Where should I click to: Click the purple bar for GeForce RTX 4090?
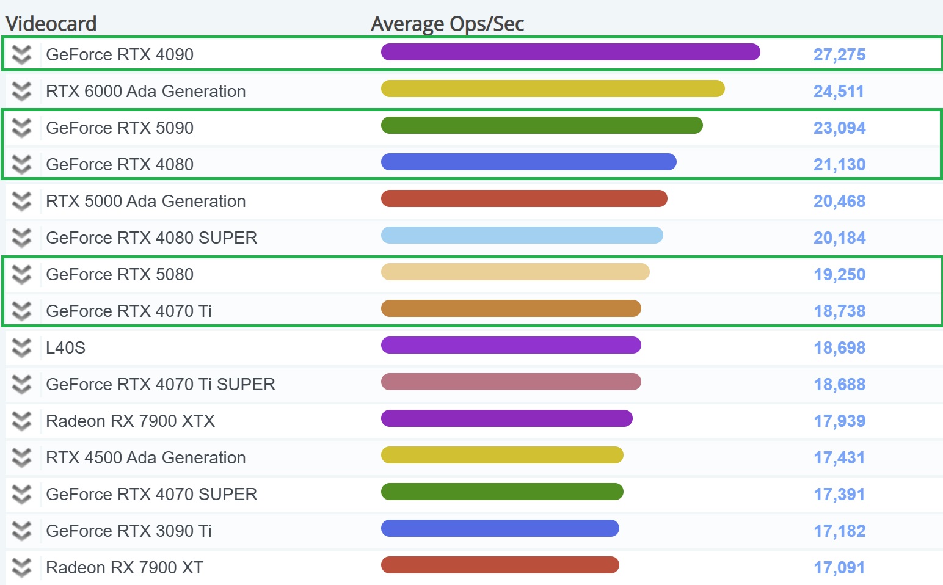click(570, 52)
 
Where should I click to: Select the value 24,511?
click(839, 92)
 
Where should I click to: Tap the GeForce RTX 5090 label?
click(120, 128)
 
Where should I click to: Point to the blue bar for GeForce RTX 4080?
click(529, 162)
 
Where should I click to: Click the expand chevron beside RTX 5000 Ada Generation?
click(21, 202)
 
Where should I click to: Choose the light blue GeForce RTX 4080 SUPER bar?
click(522, 235)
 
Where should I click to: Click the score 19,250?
click(839, 275)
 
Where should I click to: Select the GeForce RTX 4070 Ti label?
click(129, 311)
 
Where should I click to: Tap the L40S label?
click(65, 348)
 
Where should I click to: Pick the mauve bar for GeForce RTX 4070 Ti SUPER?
click(511, 382)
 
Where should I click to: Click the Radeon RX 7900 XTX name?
click(130, 421)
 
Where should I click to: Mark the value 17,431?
click(839, 458)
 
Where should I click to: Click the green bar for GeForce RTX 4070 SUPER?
click(502, 492)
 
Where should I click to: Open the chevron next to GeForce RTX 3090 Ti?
click(21, 531)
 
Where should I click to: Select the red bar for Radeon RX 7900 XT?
click(500, 565)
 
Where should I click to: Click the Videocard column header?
click(51, 24)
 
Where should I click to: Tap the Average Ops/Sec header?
click(447, 24)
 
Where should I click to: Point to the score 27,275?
click(839, 55)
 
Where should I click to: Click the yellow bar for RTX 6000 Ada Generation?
click(553, 89)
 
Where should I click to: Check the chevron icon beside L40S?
click(21, 348)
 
